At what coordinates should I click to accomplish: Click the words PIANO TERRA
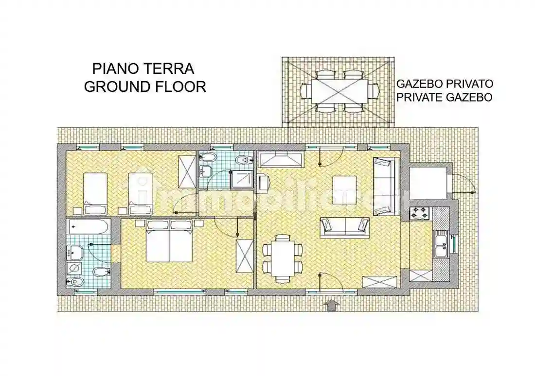pyautogui.click(x=143, y=68)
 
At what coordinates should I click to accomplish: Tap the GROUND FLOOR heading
pyautogui.click(x=145, y=86)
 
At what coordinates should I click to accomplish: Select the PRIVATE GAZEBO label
pyautogui.click(x=445, y=98)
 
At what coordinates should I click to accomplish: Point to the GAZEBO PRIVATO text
pyautogui.click(x=445, y=84)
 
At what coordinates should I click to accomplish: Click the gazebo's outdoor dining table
pyautogui.click(x=339, y=91)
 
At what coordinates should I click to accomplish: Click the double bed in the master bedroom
pyautogui.click(x=170, y=241)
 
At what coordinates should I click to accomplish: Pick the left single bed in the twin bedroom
pyautogui.click(x=95, y=193)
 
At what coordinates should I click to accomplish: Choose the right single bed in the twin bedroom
pyautogui.click(x=140, y=193)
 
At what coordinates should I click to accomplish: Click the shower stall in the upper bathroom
pyautogui.click(x=241, y=179)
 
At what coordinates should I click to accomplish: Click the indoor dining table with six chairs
pyautogui.click(x=283, y=257)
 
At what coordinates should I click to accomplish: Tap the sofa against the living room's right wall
pyautogui.click(x=383, y=186)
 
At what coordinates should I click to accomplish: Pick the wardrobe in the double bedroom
pyautogui.click(x=245, y=256)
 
